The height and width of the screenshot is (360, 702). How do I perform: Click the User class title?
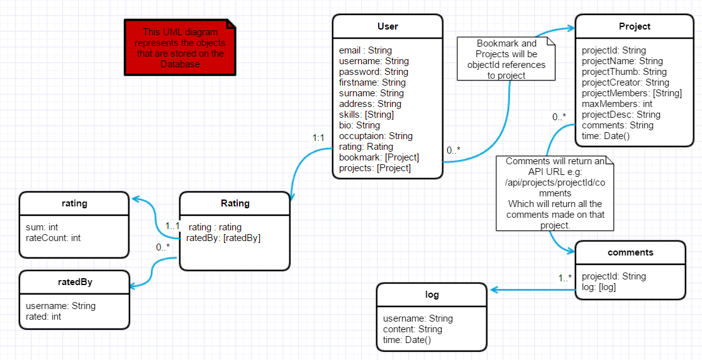[387, 26]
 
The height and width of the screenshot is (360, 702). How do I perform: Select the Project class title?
[635, 26]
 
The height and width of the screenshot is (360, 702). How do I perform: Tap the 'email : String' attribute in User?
[365, 50]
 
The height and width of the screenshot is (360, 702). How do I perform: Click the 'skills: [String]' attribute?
[366, 115]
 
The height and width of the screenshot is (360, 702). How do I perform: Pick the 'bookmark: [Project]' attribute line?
[379, 157]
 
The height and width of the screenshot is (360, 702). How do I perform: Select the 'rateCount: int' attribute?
[53, 238]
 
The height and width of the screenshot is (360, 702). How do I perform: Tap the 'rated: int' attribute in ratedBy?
[43, 317]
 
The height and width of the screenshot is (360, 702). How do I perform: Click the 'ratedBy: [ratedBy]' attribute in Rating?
[223, 238]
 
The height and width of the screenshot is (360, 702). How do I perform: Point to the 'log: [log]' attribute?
[599, 287]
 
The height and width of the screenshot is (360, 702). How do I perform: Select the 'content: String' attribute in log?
[413, 329]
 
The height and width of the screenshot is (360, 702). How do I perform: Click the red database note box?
[180, 48]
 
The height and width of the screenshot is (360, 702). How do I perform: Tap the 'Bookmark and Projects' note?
[506, 59]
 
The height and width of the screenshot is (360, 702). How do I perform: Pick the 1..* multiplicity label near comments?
[565, 278]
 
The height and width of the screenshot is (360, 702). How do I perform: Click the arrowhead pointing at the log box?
[494, 290]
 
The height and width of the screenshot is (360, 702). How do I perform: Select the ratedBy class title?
[75, 282]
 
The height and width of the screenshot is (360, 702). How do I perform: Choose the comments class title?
[630, 252]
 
